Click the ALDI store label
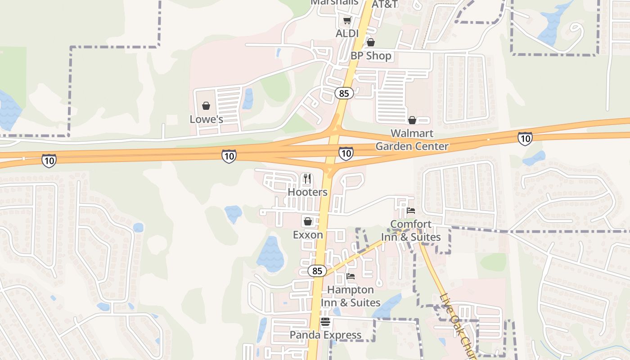pyautogui.click(x=347, y=34)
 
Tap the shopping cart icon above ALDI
pyautogui.click(x=347, y=20)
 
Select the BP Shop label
pyautogui.click(x=371, y=56)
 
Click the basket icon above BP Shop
pyautogui.click(x=370, y=42)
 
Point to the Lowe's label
pyautogui.click(x=206, y=119)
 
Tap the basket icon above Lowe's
pyautogui.click(x=206, y=106)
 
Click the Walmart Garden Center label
pyautogui.click(x=412, y=139)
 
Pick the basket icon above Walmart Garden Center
pyautogui.click(x=412, y=120)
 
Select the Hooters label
pyautogui.click(x=307, y=192)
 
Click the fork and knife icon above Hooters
pyautogui.click(x=307, y=179)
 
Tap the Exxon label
pyautogui.click(x=308, y=235)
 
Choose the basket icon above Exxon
pyautogui.click(x=308, y=221)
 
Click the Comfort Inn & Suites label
pyautogui.click(x=411, y=230)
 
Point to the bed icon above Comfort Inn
pyautogui.click(x=411, y=210)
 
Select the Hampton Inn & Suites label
pyautogui.click(x=351, y=296)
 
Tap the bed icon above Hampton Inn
pyautogui.click(x=351, y=276)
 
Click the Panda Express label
pyautogui.click(x=325, y=335)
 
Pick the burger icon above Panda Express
pyautogui.click(x=325, y=322)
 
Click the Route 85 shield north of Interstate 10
pyautogui.click(x=344, y=93)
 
